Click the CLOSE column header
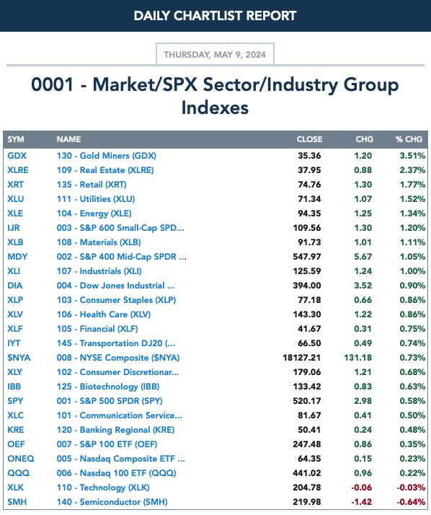(x=309, y=139)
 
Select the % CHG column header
(x=409, y=139)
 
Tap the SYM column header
(x=16, y=139)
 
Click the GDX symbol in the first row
(x=17, y=156)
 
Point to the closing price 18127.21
(x=302, y=357)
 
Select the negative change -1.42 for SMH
(x=361, y=502)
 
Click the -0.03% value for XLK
(x=411, y=488)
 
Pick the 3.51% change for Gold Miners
(x=412, y=156)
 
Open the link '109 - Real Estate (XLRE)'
(x=105, y=170)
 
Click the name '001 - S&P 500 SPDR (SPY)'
(x=110, y=401)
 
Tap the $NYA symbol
(x=19, y=357)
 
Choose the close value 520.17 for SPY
(x=307, y=401)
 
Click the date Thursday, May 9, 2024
(x=215, y=55)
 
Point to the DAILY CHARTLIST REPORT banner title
(x=215, y=16)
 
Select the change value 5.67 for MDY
(x=363, y=257)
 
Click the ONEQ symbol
(x=21, y=459)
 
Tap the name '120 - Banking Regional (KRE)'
(x=115, y=430)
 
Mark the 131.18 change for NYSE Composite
(x=357, y=357)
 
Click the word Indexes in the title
(x=215, y=107)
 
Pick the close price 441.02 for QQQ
(x=307, y=473)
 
